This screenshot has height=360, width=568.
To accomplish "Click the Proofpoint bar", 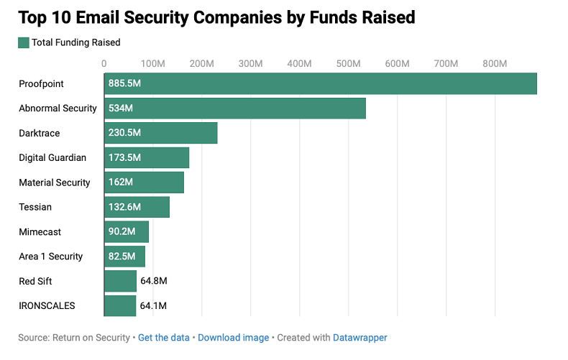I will click(321, 84).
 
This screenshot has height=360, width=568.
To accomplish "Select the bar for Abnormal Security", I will click(235, 109).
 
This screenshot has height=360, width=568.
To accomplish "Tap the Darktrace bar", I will click(161, 133).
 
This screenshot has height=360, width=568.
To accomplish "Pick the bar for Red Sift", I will click(120, 281).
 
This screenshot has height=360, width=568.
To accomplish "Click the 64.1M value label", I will click(154, 305).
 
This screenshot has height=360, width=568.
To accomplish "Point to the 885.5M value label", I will click(124, 84).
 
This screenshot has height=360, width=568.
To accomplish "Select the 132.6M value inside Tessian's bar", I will click(124, 207).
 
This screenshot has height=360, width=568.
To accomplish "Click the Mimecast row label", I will click(40, 231).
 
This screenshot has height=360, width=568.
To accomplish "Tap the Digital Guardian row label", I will click(52, 157).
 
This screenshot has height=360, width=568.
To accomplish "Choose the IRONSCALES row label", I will click(47, 305).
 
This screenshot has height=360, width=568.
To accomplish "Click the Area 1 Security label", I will click(51, 257).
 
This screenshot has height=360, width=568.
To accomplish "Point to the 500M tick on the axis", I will click(348, 63).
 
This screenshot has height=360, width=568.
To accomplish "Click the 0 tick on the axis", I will click(104, 63).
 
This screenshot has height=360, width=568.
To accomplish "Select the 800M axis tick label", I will click(495, 63).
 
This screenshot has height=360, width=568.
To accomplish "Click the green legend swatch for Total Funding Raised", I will click(23, 42).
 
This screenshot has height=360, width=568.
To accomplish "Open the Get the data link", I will click(164, 337).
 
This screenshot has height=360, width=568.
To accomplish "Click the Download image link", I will click(234, 337).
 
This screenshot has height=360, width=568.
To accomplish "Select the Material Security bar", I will click(144, 183).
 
